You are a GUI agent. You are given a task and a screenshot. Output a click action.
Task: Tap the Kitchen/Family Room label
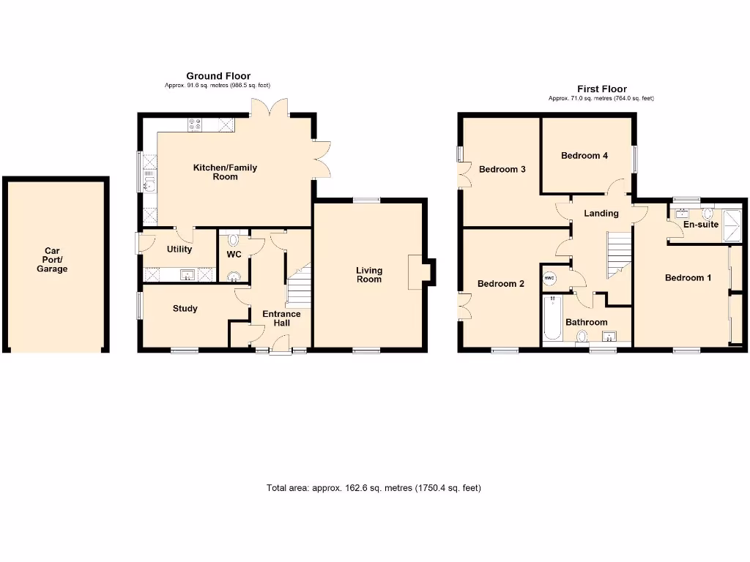pyautogui.click(x=225, y=172)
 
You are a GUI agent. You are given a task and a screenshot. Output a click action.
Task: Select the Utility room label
pyautogui.click(x=179, y=250)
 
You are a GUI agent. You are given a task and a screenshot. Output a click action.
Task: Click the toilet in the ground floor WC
pyautogui.click(x=234, y=239)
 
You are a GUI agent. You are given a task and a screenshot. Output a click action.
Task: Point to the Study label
pyautogui.click(x=185, y=309)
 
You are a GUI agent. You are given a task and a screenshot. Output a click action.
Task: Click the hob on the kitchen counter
pyautogui.click(x=196, y=124)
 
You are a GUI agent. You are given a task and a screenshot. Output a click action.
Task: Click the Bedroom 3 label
pyautogui.click(x=502, y=170)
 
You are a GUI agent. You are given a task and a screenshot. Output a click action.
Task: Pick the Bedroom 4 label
pyautogui.click(x=584, y=156)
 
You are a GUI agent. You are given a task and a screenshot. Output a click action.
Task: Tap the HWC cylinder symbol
pyautogui.click(x=549, y=279)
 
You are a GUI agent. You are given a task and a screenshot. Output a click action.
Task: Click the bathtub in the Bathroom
pyautogui.click(x=552, y=318)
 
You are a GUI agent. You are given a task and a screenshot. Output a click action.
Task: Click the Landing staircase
pyautogui.click(x=620, y=255)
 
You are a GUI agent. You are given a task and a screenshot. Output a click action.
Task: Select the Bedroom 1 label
pyautogui.click(x=688, y=278)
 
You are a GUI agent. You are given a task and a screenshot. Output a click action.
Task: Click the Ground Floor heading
pyautogui.click(x=218, y=76)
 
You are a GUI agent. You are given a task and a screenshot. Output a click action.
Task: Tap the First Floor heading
pyautogui.click(x=601, y=89)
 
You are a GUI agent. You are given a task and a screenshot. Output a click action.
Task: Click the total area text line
pyautogui.click(x=374, y=488)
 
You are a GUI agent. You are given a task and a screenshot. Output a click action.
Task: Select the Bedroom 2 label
pyautogui.click(x=501, y=284)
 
